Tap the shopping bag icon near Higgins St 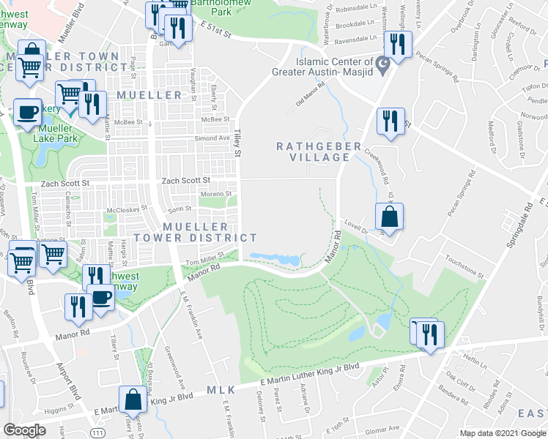(x=133, y=400)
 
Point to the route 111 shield (x=97, y=414)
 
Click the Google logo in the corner (x=24, y=429)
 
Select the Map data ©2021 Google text (x=502, y=433)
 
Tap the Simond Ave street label (x=212, y=138)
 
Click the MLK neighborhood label (x=221, y=390)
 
